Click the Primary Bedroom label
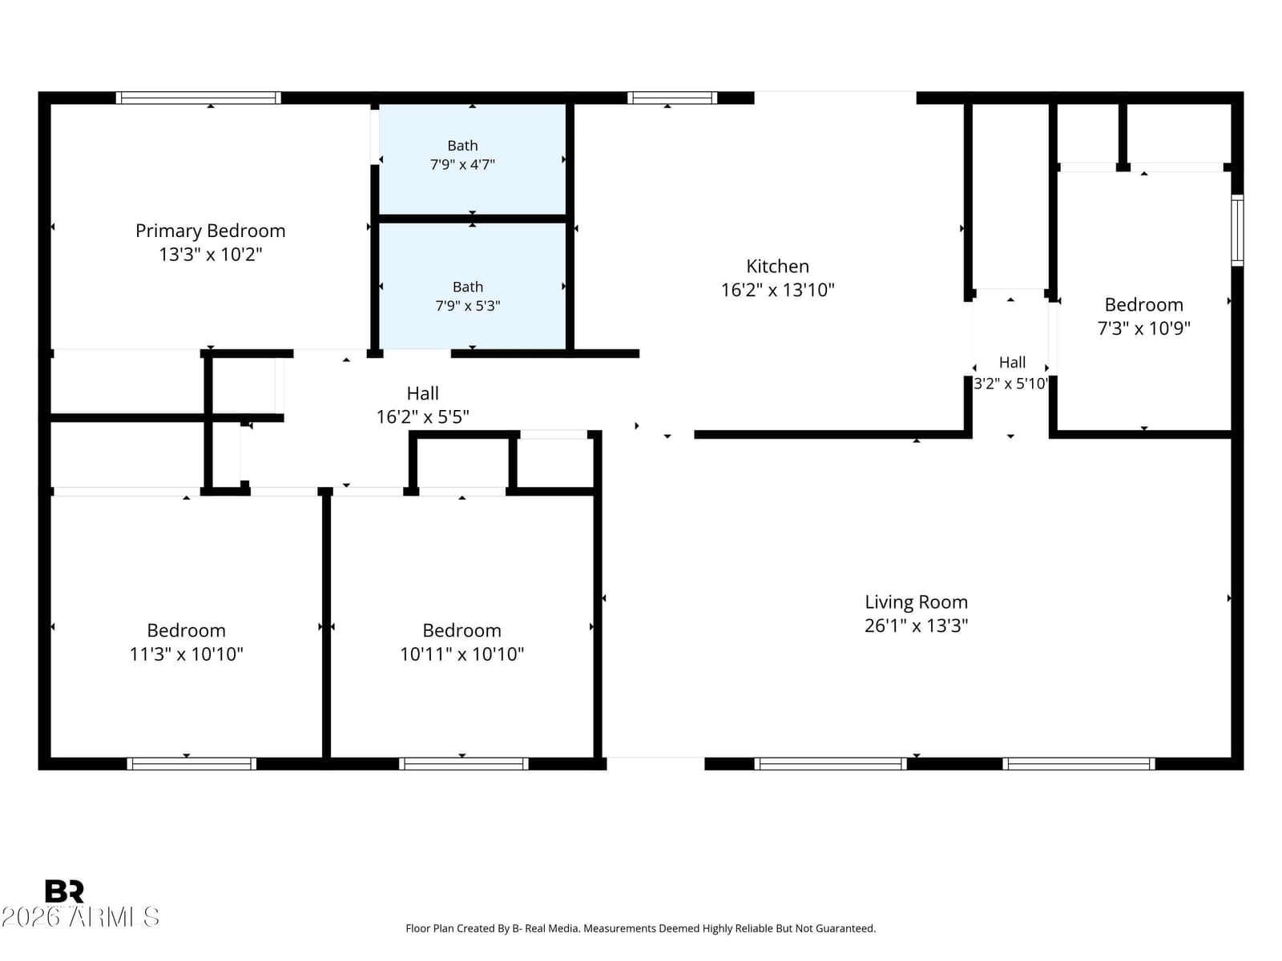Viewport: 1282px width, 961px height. point(210,231)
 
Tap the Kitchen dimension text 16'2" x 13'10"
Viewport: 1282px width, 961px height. point(777,289)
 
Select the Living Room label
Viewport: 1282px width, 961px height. point(916,601)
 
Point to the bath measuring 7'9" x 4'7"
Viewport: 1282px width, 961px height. point(462,155)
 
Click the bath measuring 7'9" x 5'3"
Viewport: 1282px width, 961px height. point(468,296)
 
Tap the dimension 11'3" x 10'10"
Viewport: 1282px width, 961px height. point(187,653)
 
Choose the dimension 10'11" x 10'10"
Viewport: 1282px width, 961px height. point(462,653)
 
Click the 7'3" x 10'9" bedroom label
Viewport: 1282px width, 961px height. point(1143,316)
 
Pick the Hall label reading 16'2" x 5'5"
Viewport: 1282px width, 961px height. point(422,404)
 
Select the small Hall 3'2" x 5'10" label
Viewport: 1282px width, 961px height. point(1012,372)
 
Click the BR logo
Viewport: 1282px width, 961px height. point(64,891)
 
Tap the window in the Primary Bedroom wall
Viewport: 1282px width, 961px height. point(199,98)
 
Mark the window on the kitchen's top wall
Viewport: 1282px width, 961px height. point(672,98)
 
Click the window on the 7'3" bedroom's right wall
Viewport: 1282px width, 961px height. point(1237,231)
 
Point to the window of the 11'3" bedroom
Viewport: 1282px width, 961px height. point(191,764)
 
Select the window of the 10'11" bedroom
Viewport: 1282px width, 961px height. point(464,764)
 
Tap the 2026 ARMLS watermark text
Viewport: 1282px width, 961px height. point(81,917)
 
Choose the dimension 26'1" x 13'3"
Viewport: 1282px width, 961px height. point(916,625)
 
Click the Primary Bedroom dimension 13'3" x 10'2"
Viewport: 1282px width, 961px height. point(210,255)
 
